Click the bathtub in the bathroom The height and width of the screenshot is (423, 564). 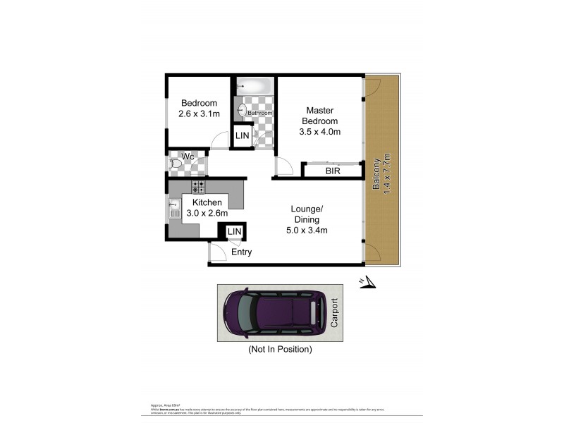tap(254, 86)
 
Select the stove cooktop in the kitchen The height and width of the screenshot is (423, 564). tap(198, 186)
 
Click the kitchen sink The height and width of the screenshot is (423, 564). tap(174, 208)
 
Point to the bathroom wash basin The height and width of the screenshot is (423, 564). tap(242, 111)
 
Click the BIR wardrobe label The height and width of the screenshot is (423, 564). tap(333, 171)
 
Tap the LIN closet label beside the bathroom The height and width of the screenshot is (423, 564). tap(243, 135)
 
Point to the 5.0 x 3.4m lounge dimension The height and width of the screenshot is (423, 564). tap(307, 230)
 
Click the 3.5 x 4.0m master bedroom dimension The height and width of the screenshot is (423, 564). tap(319, 132)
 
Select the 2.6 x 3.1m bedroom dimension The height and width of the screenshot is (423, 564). tap(199, 114)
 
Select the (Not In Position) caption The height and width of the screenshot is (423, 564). tap(279, 349)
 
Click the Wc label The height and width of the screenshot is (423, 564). tap(188, 156)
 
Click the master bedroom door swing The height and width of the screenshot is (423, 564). tap(283, 167)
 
